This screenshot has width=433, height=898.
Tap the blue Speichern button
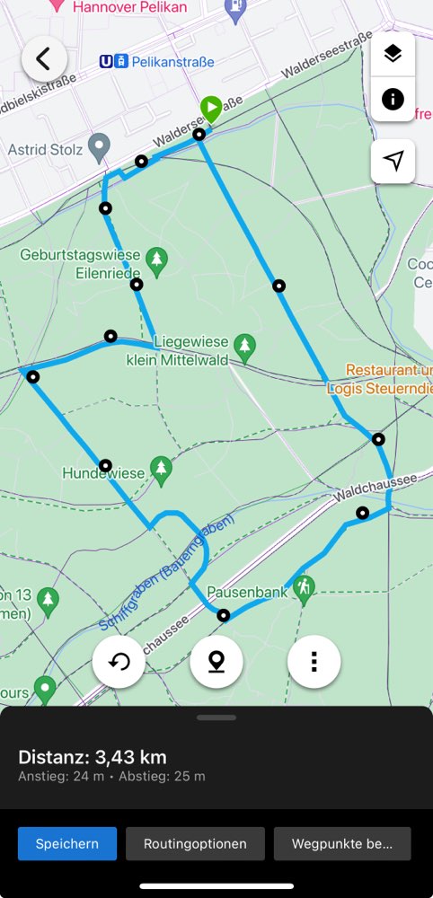[x=67, y=844]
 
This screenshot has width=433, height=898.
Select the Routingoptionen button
[x=195, y=844]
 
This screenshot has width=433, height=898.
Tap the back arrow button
[x=44, y=60]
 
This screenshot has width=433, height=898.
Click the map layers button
[x=393, y=54]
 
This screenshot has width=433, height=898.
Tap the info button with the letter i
[x=393, y=99]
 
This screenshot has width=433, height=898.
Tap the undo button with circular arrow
[x=119, y=662]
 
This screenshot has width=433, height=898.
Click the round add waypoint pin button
[x=216, y=662]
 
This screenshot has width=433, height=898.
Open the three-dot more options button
[x=314, y=662]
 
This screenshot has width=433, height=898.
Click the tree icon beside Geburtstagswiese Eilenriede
[x=157, y=261]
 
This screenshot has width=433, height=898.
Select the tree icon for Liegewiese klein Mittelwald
[x=243, y=346]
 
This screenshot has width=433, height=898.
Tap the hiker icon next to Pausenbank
[x=305, y=589]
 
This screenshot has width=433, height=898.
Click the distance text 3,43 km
[x=93, y=757]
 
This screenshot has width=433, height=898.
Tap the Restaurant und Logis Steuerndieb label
[x=389, y=379]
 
